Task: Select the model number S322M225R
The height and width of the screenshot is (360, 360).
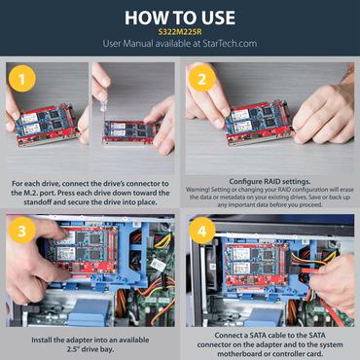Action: [x=180, y=31]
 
